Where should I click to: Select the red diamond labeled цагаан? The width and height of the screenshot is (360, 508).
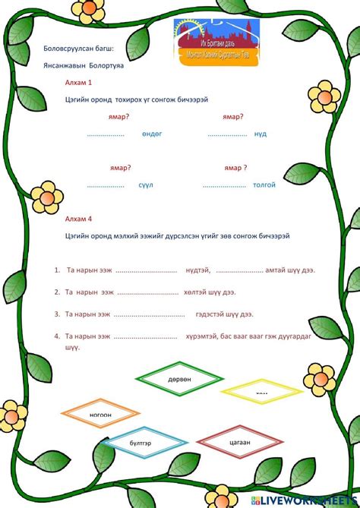(x=239, y=441)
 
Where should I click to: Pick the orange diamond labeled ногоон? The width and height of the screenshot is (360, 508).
(x=100, y=414)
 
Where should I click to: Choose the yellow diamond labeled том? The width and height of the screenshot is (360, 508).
(x=261, y=392)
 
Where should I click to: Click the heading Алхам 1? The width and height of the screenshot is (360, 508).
(x=79, y=81)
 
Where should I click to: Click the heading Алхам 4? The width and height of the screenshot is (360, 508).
(x=79, y=218)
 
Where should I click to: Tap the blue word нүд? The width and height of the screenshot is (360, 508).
(x=261, y=134)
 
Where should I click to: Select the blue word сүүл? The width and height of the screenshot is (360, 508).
(x=146, y=185)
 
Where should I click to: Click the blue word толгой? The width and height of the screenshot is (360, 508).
(x=264, y=185)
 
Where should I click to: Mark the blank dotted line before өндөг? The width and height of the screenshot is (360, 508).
(x=106, y=134)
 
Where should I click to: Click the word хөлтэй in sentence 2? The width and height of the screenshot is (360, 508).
(x=197, y=292)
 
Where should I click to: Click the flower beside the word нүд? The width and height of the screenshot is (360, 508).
(x=327, y=99)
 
